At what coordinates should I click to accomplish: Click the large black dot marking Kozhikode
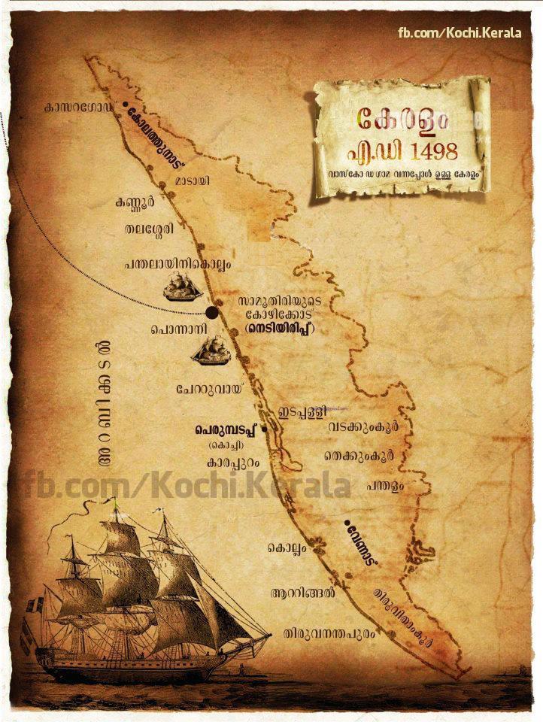213,312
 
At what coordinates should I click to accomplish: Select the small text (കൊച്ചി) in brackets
226,447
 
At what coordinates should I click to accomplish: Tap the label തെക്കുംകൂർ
359,457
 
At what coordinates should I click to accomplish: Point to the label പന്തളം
385,486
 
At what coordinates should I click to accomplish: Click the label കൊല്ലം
287,549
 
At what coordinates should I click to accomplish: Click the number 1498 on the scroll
429,150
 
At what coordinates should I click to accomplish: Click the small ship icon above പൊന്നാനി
183,287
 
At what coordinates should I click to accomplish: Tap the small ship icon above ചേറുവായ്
211,351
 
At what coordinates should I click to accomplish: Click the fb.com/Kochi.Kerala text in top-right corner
460,33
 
